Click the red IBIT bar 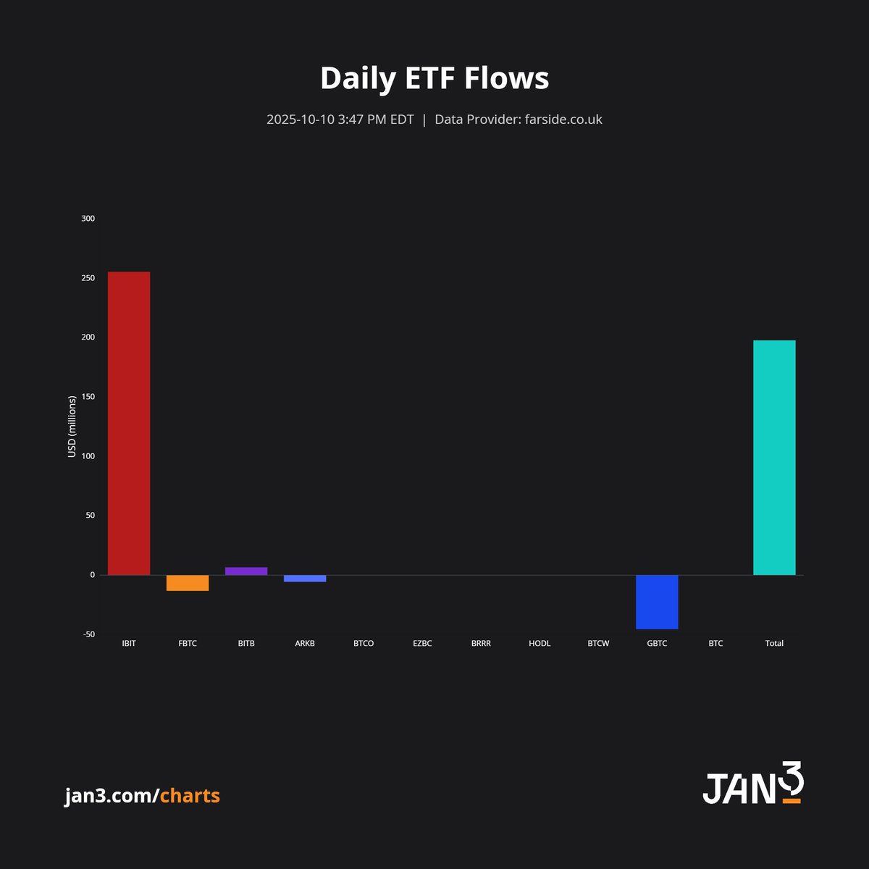[129, 423]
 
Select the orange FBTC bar [188, 583]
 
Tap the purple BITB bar [246, 571]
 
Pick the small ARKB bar [305, 579]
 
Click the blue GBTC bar [657, 602]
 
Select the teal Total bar [774, 458]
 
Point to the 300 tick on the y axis [88, 219]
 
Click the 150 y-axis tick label [88, 397]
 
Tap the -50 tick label [88, 634]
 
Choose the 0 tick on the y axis [92, 575]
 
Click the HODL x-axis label [540, 643]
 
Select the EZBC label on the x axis [422, 643]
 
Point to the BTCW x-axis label [598, 643]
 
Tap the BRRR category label [481, 643]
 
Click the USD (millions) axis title [72, 427]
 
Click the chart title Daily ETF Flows [434, 78]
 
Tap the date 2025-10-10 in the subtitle [301, 119]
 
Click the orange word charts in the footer [190, 796]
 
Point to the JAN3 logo [753, 784]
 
